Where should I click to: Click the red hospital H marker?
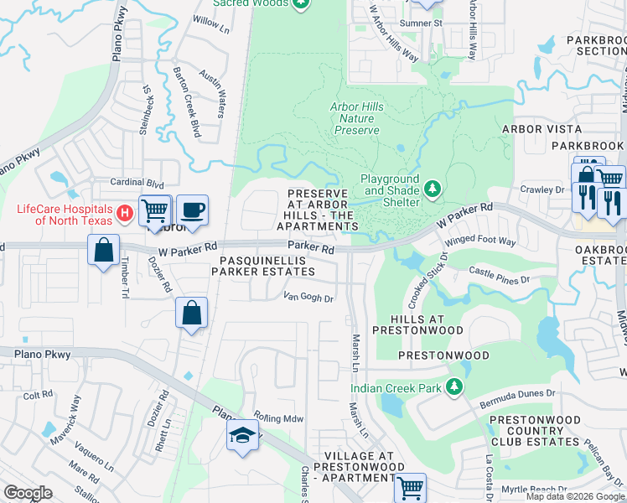(x=125, y=214)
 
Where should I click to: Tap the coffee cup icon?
(x=192, y=210)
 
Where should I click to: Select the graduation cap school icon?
(x=241, y=435)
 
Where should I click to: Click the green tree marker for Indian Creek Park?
(x=453, y=386)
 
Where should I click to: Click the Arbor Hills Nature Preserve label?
(x=356, y=118)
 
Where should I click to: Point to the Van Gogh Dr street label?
(x=308, y=297)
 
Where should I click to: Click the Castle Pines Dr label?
(x=500, y=274)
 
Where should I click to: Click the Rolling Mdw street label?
(x=278, y=417)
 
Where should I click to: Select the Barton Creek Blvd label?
(x=186, y=91)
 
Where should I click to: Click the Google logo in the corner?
(x=28, y=493)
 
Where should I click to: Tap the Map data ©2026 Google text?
(x=574, y=496)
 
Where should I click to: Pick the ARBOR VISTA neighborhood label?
(x=541, y=128)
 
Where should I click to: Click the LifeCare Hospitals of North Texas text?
(x=60, y=214)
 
